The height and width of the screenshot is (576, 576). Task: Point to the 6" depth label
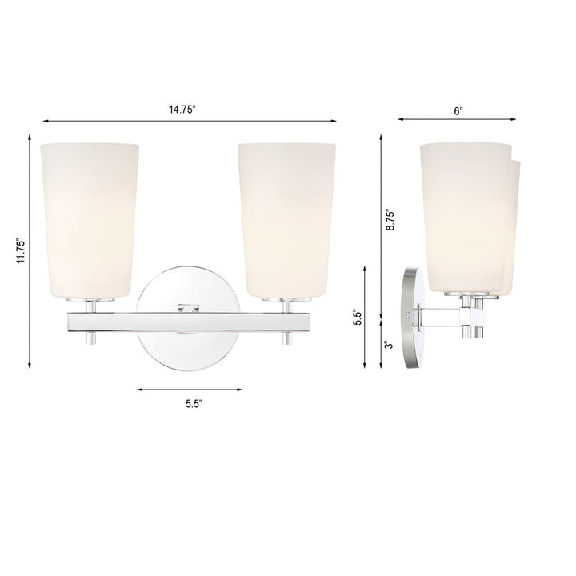pyautogui.click(x=458, y=111)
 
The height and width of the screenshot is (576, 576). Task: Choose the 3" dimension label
pyautogui.click(x=387, y=345)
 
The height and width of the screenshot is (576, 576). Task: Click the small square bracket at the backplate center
pyautogui.click(x=189, y=305)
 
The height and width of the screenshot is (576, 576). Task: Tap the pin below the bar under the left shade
pyautogui.click(x=90, y=339)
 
